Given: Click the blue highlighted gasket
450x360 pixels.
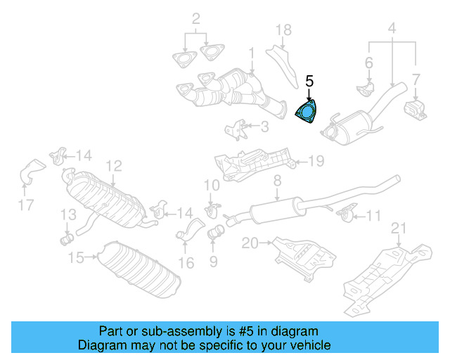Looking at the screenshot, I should pos(306,112).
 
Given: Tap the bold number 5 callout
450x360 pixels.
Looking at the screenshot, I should pos(309,82).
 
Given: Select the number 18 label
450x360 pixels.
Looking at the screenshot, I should pos(283,30).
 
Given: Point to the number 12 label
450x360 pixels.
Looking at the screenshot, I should pos(114,166).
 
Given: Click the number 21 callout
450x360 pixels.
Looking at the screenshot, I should pos(399,227).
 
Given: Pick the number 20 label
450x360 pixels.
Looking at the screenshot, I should pos(250,243).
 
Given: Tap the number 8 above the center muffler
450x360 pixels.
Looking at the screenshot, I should pos(277,181).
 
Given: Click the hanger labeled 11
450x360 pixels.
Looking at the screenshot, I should pos(345,212).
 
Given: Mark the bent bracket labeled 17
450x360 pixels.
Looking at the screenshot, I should pos(31,172).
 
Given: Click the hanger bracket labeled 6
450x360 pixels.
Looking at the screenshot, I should pos(365,90).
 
